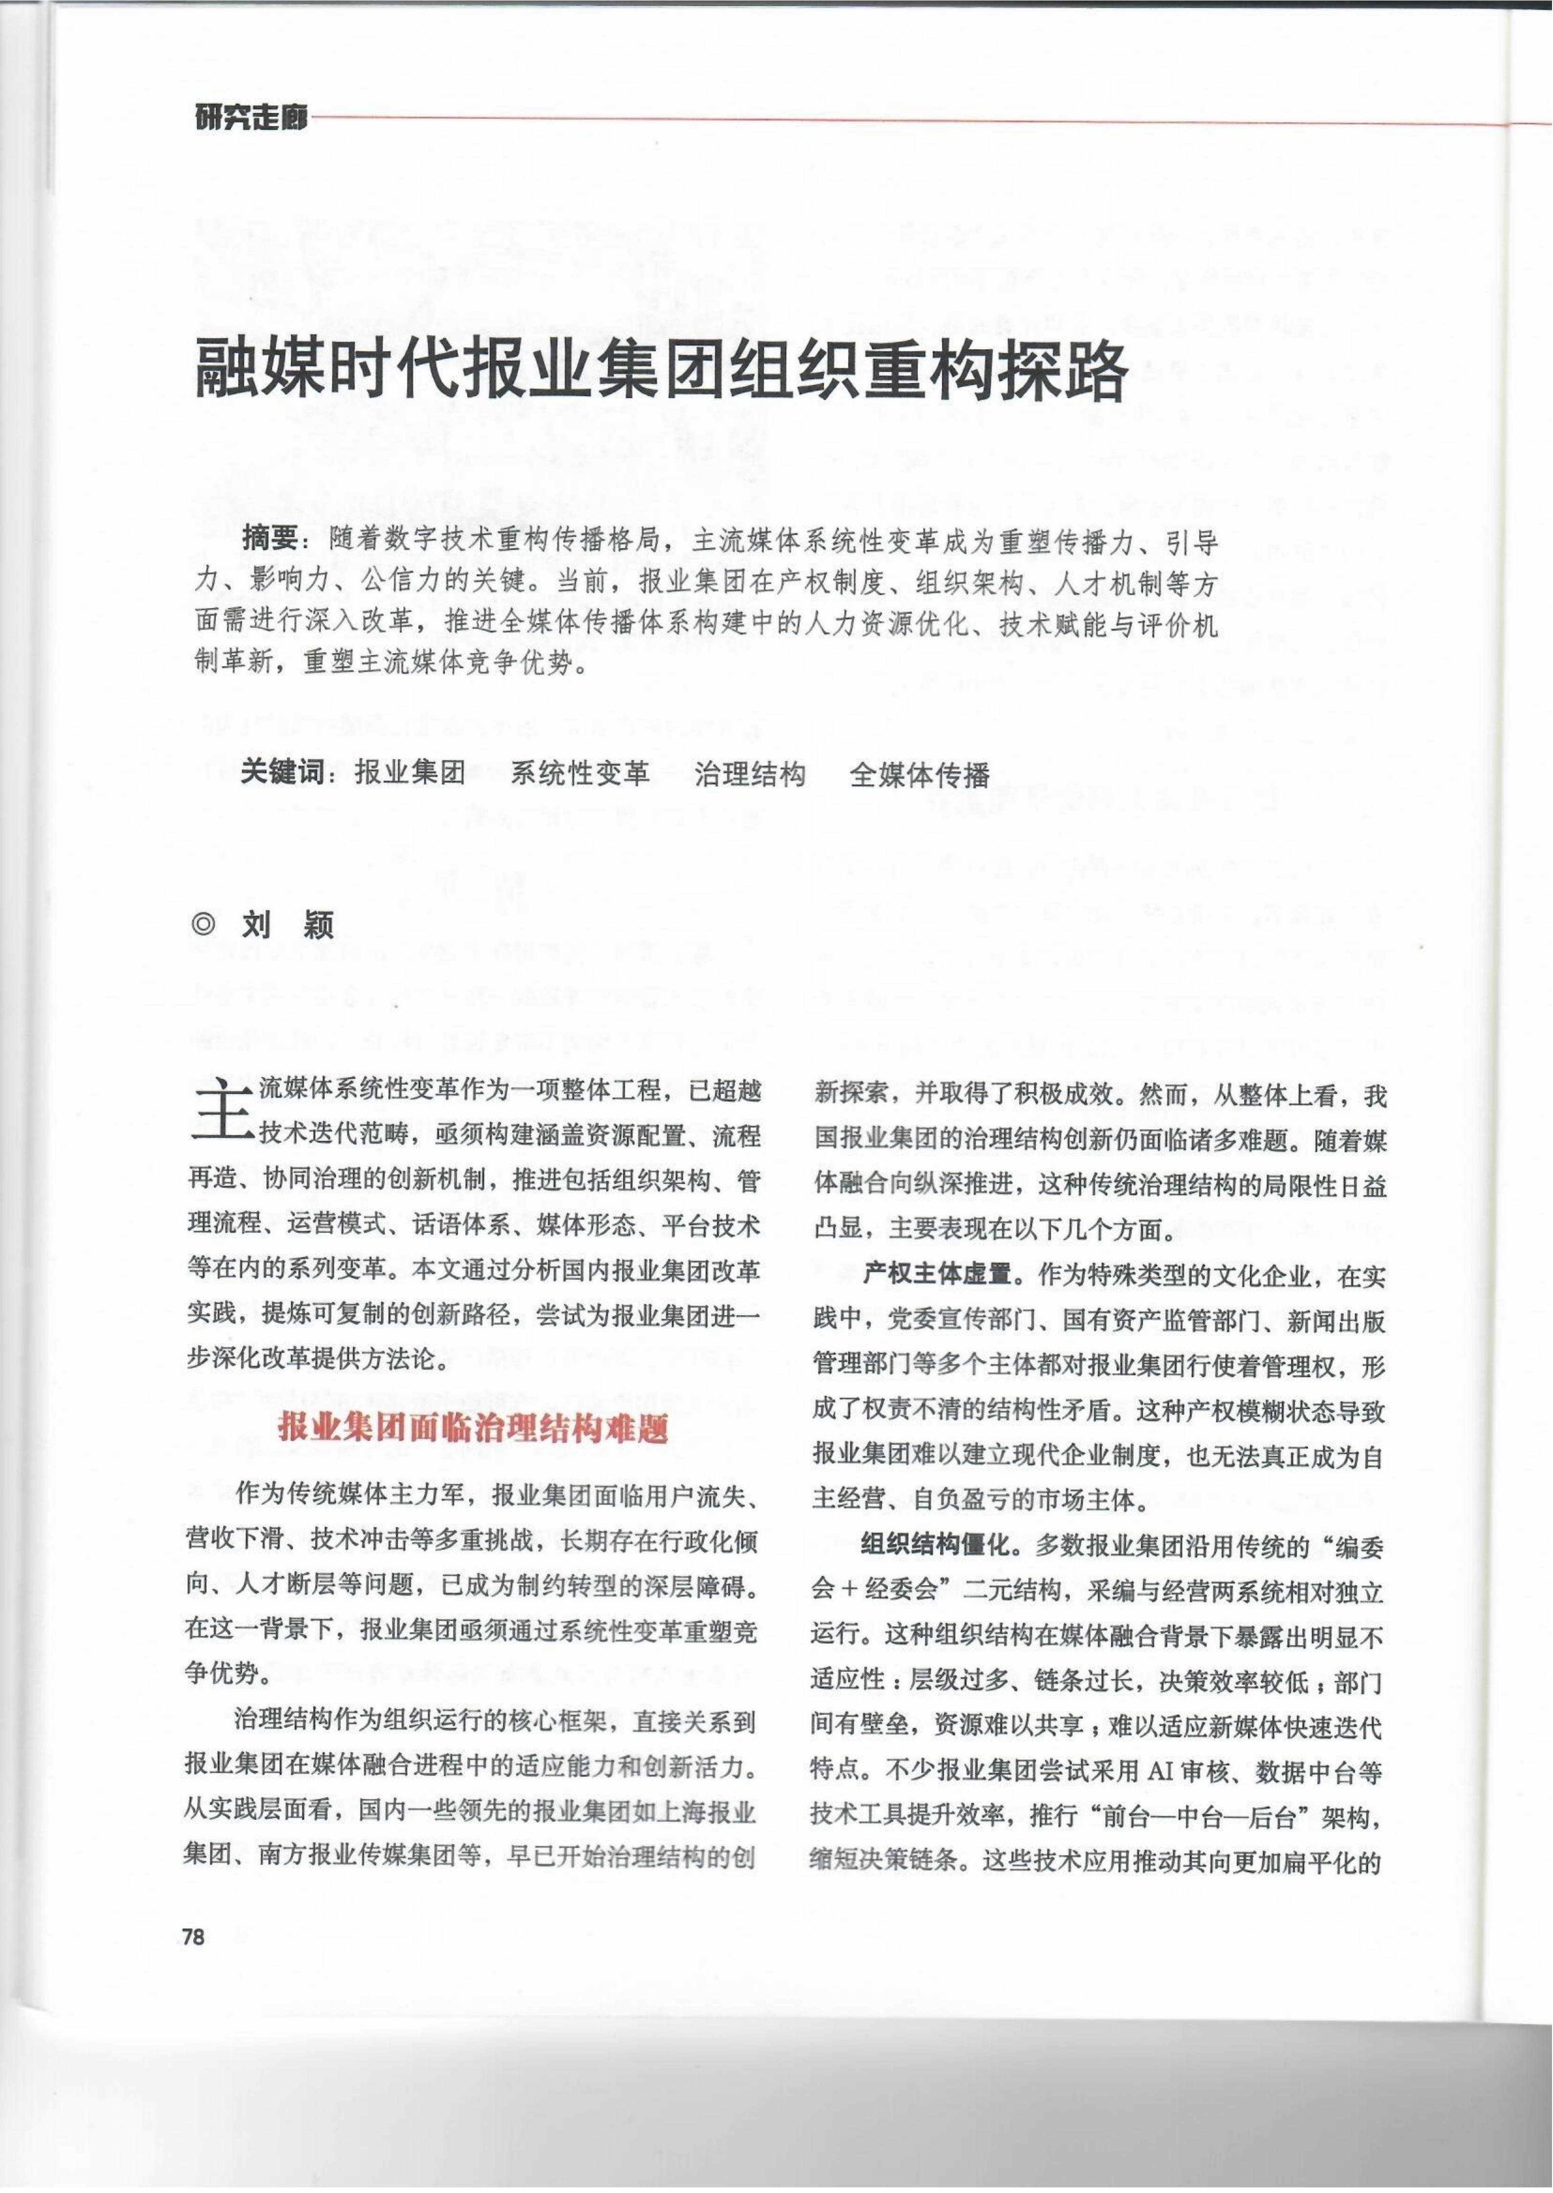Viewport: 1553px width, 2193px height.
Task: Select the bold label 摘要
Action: coord(271,540)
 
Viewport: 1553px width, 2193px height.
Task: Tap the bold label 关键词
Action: coord(282,773)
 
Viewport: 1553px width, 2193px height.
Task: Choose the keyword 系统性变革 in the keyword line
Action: coord(579,773)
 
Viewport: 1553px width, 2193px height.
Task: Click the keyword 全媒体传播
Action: coord(919,773)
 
